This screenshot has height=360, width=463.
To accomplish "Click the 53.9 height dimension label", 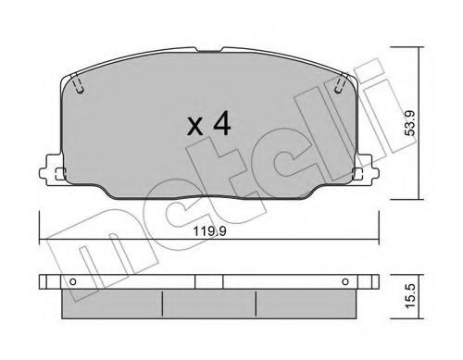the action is [410, 124].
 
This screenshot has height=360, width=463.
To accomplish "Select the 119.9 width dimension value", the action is [209, 231].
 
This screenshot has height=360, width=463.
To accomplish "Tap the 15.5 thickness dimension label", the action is [410, 296].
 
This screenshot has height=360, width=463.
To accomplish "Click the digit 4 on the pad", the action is [222, 124].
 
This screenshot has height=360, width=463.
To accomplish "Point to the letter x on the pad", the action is [195, 128].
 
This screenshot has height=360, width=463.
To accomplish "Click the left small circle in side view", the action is [73, 281].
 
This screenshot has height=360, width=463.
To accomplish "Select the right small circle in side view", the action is [345, 281].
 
